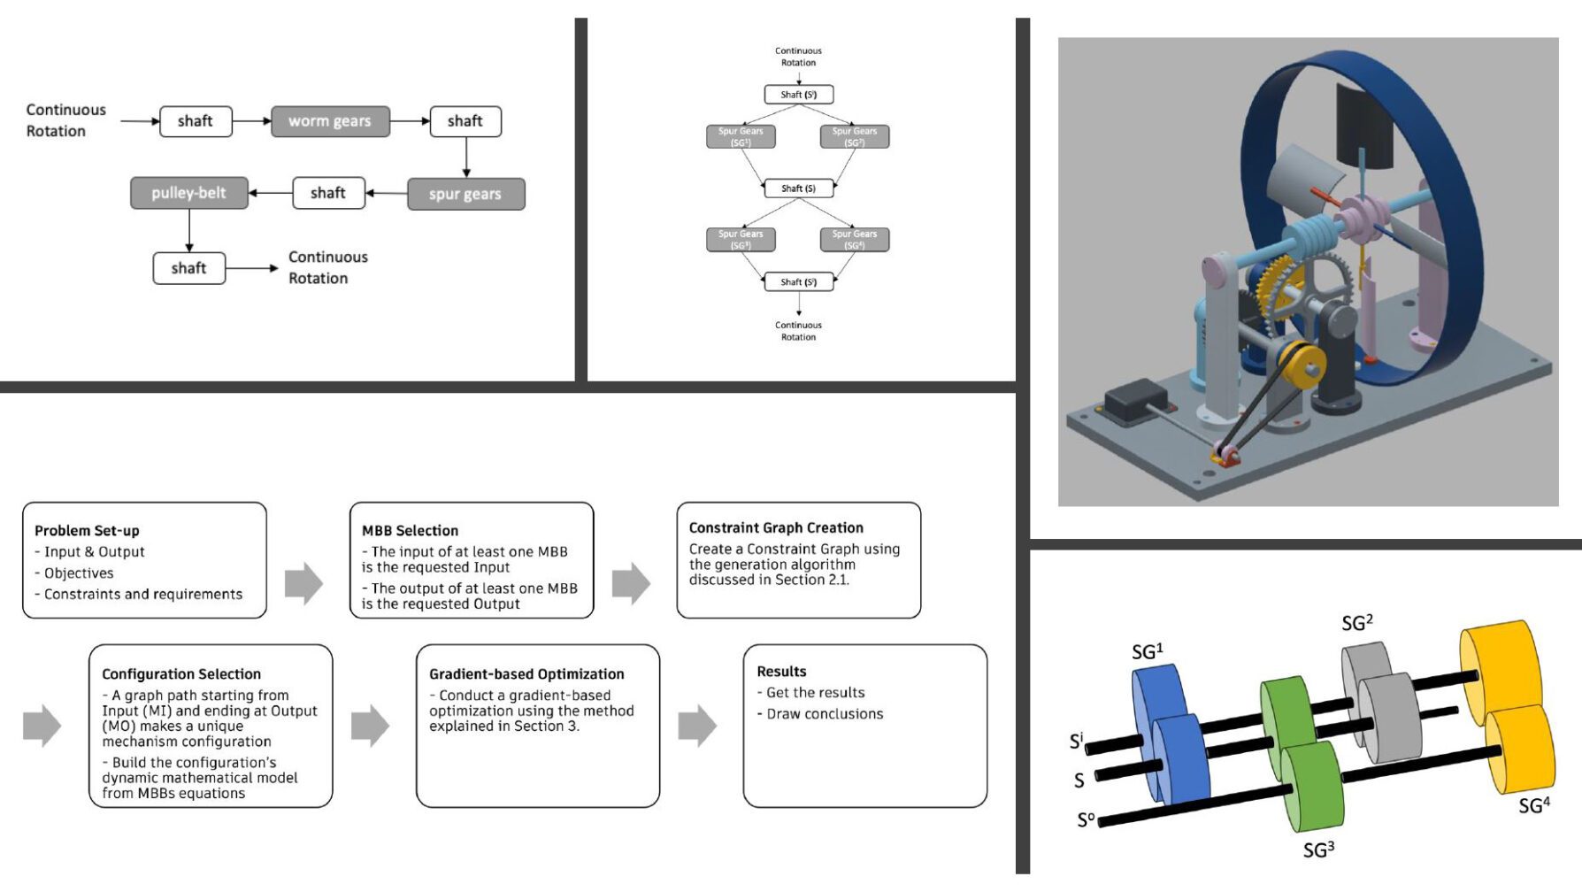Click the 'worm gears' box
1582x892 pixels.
329,121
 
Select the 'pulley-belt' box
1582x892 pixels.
188,193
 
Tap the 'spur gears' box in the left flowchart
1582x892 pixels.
465,194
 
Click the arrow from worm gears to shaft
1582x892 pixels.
410,121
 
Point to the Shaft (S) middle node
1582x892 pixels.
798,188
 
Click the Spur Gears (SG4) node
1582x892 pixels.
854,239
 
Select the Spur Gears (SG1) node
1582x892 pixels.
741,136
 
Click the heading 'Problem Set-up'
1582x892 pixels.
87,531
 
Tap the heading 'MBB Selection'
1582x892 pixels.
410,531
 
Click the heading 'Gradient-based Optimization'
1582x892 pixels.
526,674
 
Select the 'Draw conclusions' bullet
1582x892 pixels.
824,714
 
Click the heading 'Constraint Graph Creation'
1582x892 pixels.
776,527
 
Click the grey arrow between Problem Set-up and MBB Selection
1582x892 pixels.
303,583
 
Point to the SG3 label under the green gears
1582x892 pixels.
1318,850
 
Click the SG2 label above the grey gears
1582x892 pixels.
1356,623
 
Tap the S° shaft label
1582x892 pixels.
1086,820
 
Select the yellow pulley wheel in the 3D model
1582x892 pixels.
1301,363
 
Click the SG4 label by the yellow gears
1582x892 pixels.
1533,806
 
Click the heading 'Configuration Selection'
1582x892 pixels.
181,674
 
